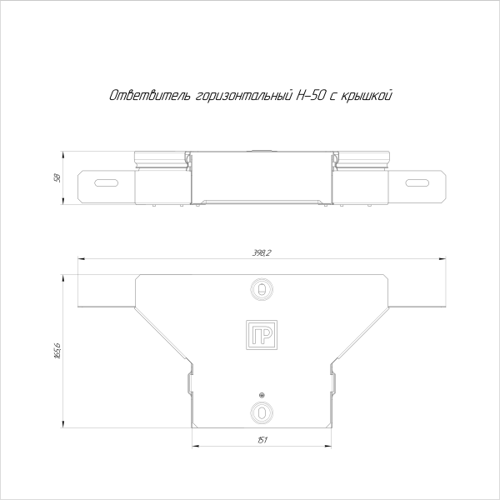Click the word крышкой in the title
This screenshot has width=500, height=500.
[x=364, y=96]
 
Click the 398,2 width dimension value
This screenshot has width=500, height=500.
[x=262, y=253]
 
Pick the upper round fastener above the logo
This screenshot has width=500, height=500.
[x=262, y=289]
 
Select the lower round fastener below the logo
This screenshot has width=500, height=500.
[x=262, y=411]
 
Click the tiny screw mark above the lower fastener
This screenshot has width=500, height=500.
[x=262, y=394]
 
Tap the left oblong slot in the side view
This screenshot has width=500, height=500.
[x=105, y=183]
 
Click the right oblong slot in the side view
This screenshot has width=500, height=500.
[x=418, y=183]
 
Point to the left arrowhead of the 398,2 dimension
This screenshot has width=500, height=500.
[x=81, y=259]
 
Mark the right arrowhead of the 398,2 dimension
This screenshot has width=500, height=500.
[x=443, y=259]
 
